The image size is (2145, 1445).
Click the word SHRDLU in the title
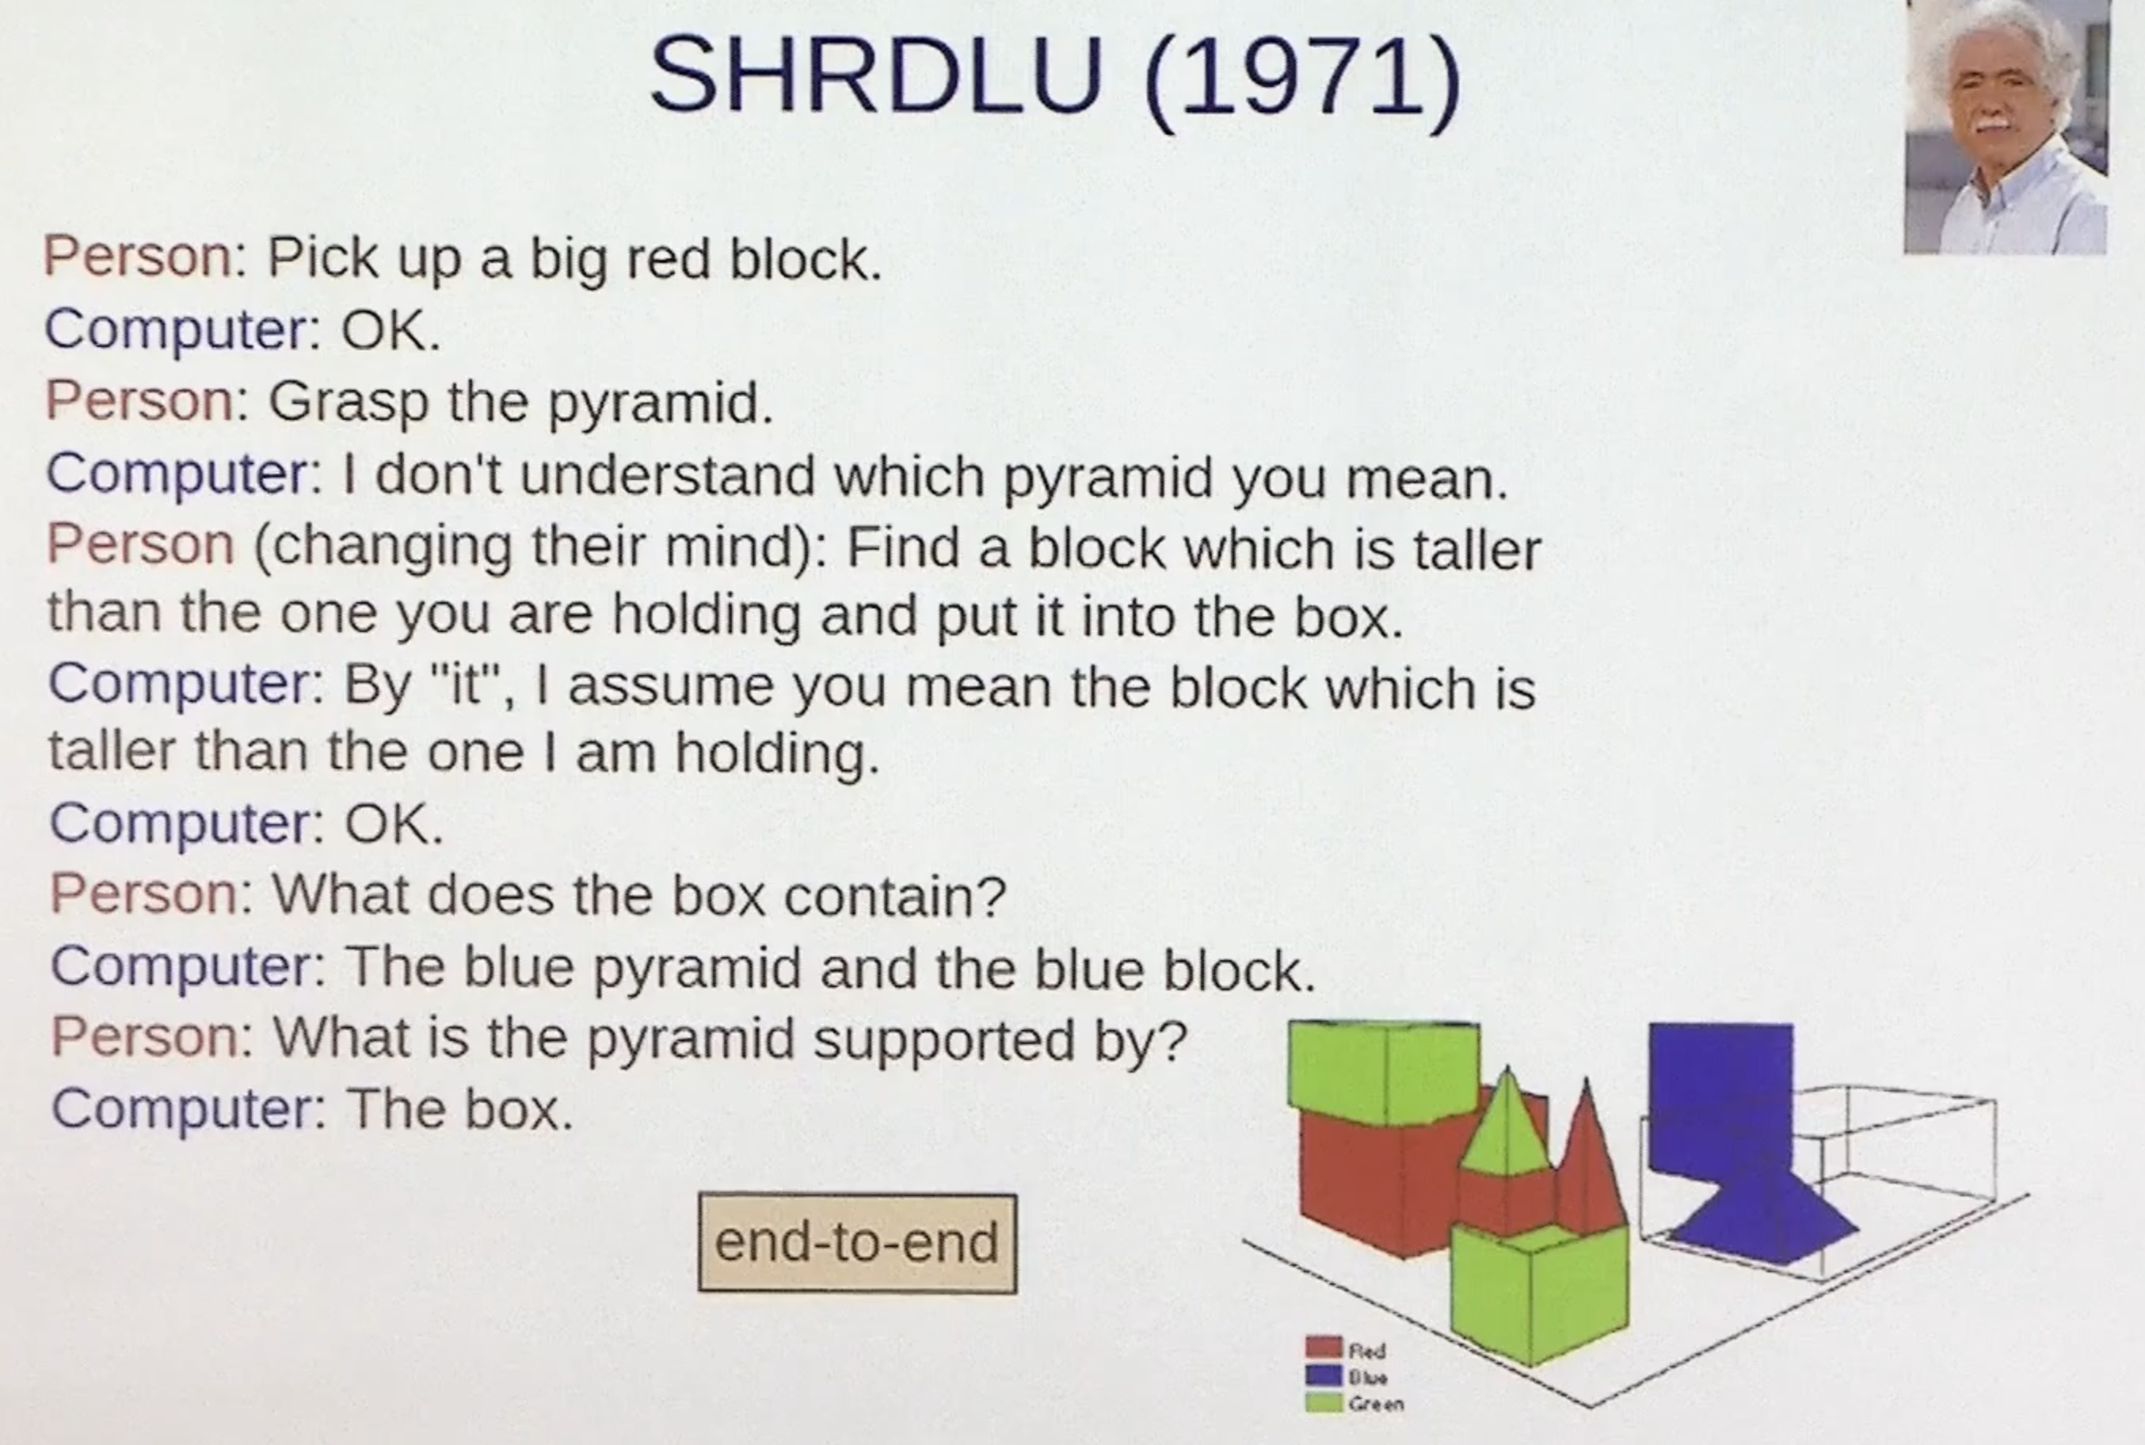[875, 75]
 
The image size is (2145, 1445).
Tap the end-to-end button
[857, 1242]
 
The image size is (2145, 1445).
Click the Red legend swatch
[1323, 1348]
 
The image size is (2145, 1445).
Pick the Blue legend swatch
[1323, 1375]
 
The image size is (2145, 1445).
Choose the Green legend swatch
[1323, 1402]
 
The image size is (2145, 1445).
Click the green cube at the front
[1537, 1291]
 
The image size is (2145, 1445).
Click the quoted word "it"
[467, 688]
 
